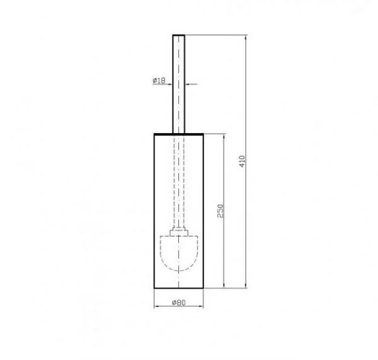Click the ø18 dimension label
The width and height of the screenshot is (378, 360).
click(x=159, y=80)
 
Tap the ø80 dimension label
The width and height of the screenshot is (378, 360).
click(x=179, y=303)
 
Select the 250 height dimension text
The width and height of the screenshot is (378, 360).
click(x=220, y=211)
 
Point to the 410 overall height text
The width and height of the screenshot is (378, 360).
click(x=242, y=161)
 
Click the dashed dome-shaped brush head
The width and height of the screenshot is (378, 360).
click(x=179, y=253)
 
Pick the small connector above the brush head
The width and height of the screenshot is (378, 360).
click(x=179, y=231)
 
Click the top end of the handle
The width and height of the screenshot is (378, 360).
click(x=179, y=35)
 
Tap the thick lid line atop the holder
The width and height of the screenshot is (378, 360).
click(x=179, y=134)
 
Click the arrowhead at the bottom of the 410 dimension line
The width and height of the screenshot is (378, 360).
click(x=246, y=286)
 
